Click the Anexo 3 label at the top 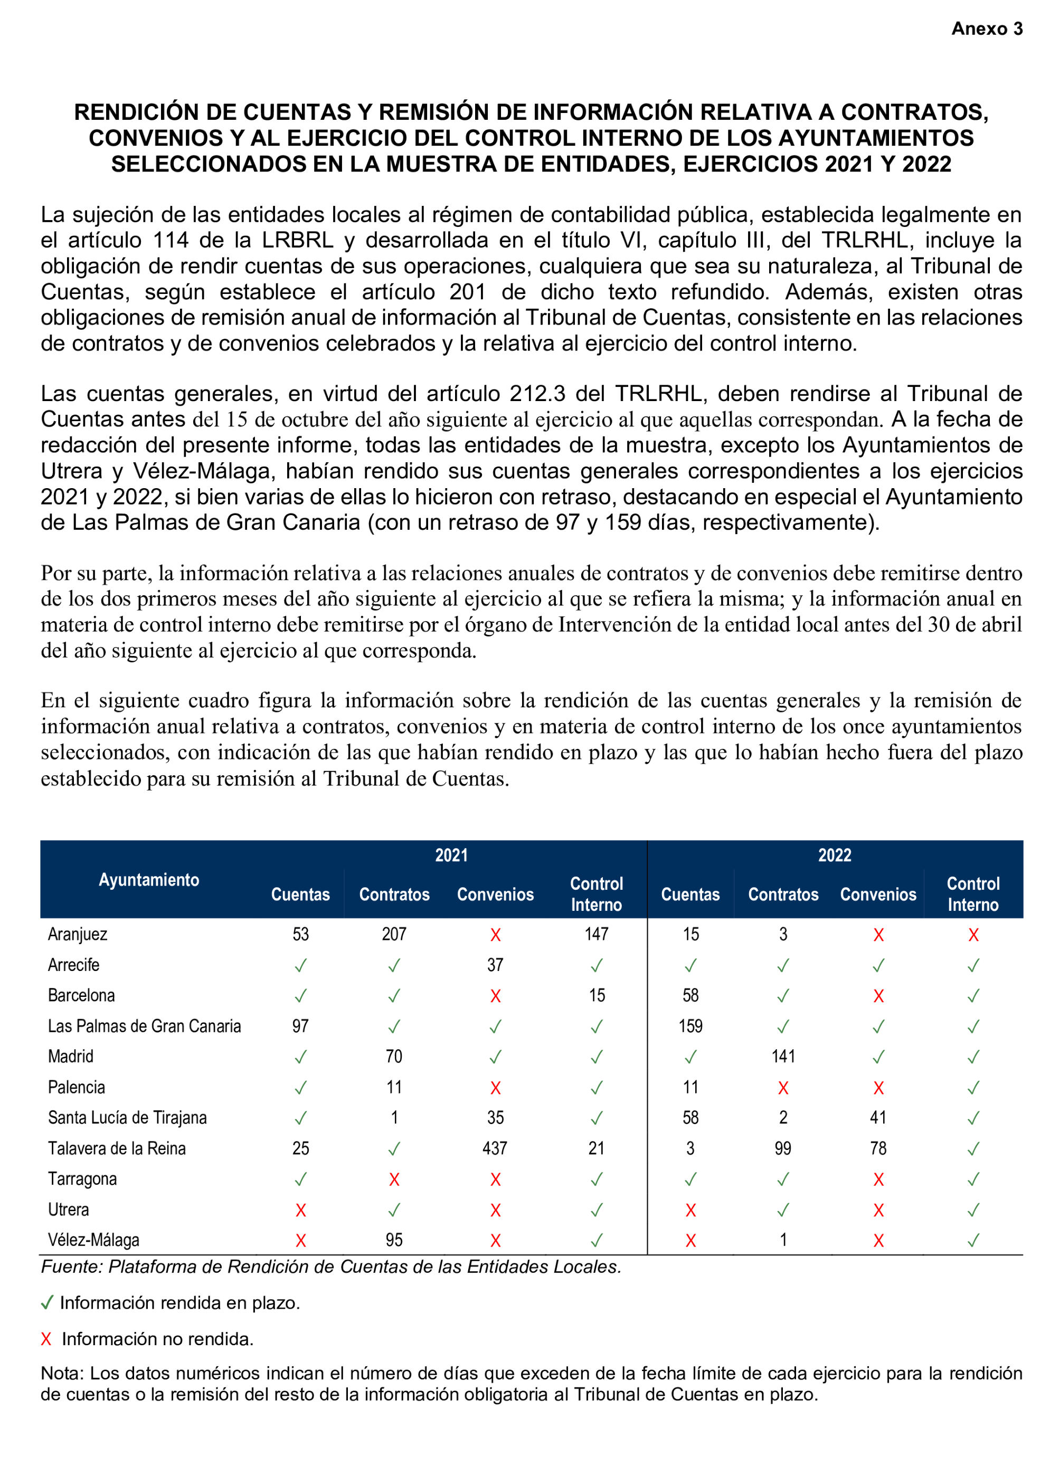click(986, 28)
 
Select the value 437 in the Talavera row click(495, 1148)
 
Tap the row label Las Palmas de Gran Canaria click(144, 1026)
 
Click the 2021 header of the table click(451, 855)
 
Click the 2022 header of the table click(834, 855)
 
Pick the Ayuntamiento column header click(149, 879)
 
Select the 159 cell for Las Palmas click(690, 1026)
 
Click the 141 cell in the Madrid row click(783, 1056)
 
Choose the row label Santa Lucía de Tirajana click(127, 1117)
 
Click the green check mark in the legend click(46, 1303)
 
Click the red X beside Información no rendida click(46, 1339)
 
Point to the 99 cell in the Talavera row click(783, 1148)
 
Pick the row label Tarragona click(82, 1179)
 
